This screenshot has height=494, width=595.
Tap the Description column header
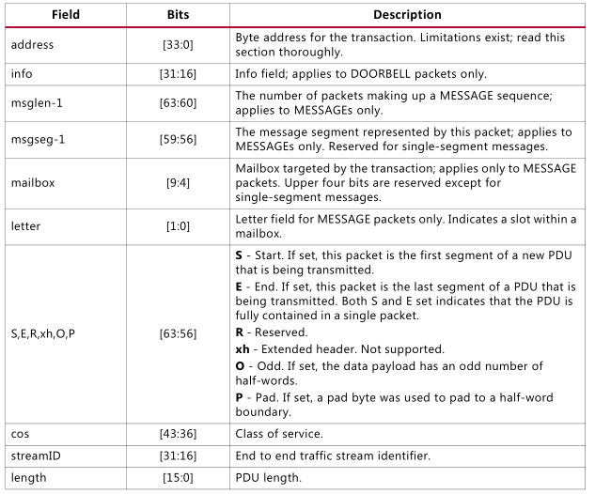coord(407,15)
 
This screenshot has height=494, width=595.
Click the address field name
coord(33,44)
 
